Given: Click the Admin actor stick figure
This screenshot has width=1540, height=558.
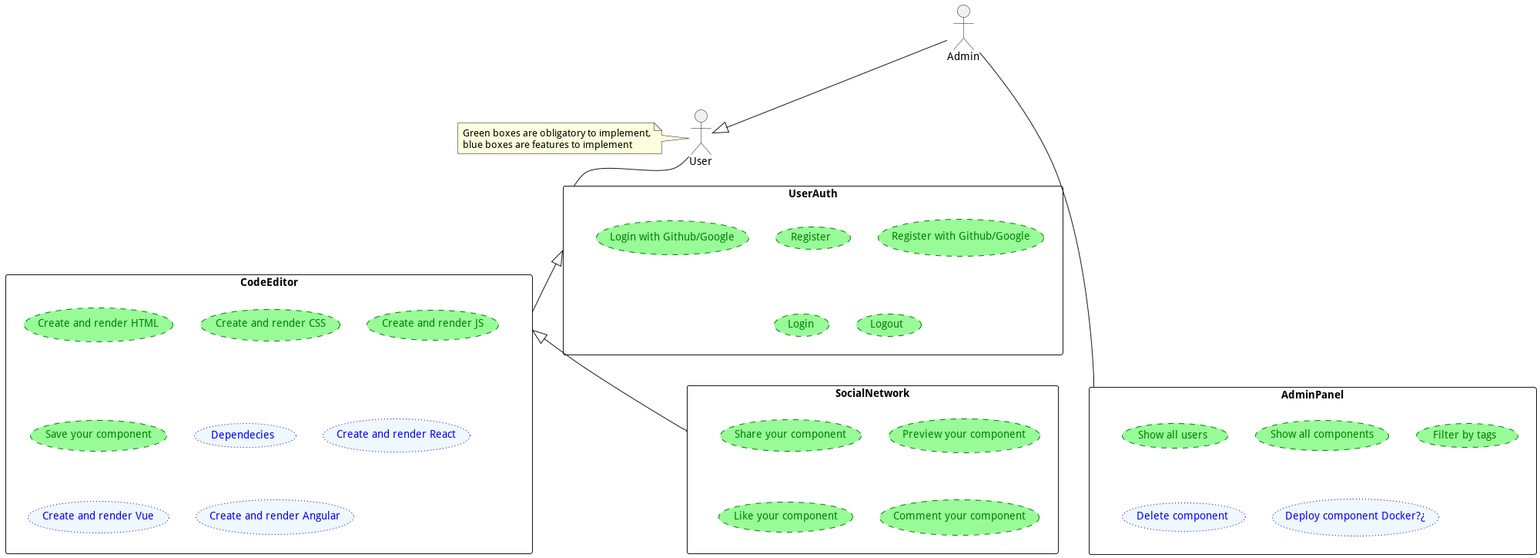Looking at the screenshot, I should click(963, 28).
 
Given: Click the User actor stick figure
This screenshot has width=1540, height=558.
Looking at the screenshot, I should click(701, 133).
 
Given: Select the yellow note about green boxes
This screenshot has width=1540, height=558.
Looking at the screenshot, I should click(559, 139).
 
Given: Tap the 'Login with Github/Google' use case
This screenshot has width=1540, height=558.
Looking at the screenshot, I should click(672, 237).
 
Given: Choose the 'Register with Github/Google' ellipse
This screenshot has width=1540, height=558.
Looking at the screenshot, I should click(960, 237).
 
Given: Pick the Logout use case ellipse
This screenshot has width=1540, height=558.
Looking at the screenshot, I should click(888, 324).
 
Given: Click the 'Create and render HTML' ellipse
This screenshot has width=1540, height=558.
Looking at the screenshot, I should click(99, 324).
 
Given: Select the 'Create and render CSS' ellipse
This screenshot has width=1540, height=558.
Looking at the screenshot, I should click(270, 324).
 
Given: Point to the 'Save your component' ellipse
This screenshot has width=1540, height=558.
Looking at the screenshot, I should click(99, 435).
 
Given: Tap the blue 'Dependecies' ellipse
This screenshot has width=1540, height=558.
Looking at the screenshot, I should click(244, 435).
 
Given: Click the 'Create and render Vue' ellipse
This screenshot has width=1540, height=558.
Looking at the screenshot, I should click(99, 516).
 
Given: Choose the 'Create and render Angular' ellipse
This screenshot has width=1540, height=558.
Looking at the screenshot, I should click(275, 516).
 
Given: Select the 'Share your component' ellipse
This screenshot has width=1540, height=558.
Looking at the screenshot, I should click(790, 435).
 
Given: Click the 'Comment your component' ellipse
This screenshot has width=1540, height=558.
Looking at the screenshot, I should click(959, 516).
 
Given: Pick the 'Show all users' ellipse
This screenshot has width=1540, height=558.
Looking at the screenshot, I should click(1174, 435).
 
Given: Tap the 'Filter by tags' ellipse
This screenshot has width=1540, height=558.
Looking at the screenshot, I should click(1466, 435).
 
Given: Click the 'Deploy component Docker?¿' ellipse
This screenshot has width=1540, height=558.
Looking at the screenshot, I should click(1355, 516).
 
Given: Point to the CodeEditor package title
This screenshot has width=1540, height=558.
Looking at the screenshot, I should click(269, 283).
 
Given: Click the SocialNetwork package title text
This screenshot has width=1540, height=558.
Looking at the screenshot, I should click(872, 394).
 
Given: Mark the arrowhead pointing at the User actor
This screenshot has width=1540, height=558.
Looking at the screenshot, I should click(720, 129).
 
